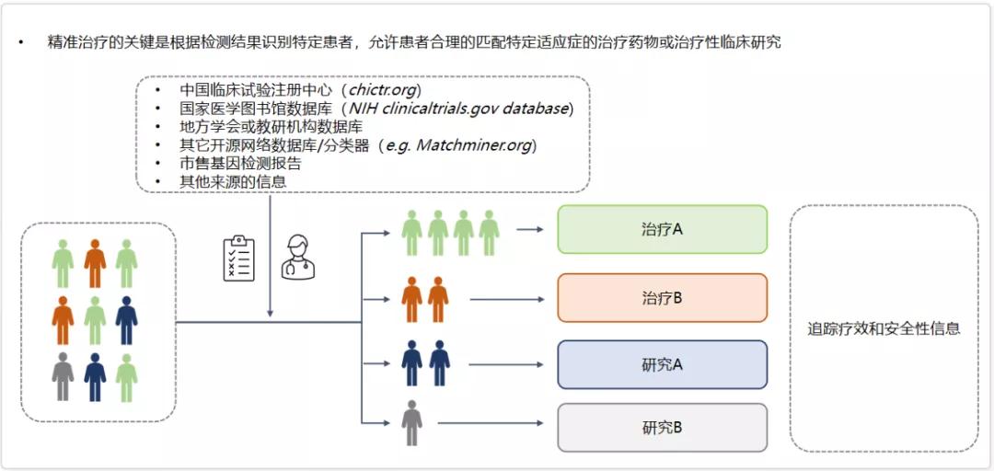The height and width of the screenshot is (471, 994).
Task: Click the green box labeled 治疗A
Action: (x=662, y=229)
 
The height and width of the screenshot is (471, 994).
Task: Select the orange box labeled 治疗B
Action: (x=662, y=298)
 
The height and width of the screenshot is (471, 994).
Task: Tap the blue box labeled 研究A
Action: (x=662, y=364)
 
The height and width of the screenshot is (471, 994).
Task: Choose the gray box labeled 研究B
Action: (x=662, y=428)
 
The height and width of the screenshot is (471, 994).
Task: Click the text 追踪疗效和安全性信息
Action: (x=884, y=328)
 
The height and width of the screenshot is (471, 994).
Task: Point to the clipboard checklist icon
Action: (x=238, y=259)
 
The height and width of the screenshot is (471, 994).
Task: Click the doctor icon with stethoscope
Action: (x=297, y=258)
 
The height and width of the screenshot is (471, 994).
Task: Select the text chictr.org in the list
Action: (x=384, y=90)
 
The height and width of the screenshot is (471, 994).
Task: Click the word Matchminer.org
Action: (x=476, y=145)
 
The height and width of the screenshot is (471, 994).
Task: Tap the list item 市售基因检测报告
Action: (x=240, y=164)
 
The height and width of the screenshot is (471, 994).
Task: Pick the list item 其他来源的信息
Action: (x=233, y=182)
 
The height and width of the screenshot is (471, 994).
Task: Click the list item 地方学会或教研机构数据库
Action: (x=271, y=127)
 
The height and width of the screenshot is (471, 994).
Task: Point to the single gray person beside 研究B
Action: (x=411, y=423)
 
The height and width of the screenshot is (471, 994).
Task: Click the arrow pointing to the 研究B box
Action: (x=493, y=423)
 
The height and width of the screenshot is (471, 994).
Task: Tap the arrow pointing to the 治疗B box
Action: (x=509, y=299)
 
